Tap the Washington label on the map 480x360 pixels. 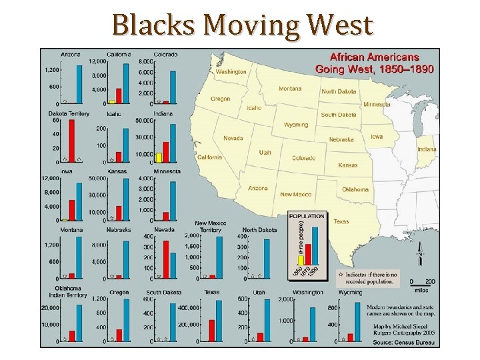(231, 71)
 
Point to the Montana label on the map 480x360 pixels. (289, 89)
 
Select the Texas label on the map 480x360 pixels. (341, 221)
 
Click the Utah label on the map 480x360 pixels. (265, 152)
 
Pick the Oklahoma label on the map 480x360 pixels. (355, 189)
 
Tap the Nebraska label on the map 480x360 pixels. (341, 139)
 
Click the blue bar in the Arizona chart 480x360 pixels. (80, 83)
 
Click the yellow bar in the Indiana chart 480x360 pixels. (159, 157)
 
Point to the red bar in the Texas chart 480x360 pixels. (211, 330)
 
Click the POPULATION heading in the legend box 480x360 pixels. (307, 216)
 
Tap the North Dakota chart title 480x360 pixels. (259, 230)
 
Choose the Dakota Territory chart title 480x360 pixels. (68, 113)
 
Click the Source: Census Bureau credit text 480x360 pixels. (403, 343)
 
